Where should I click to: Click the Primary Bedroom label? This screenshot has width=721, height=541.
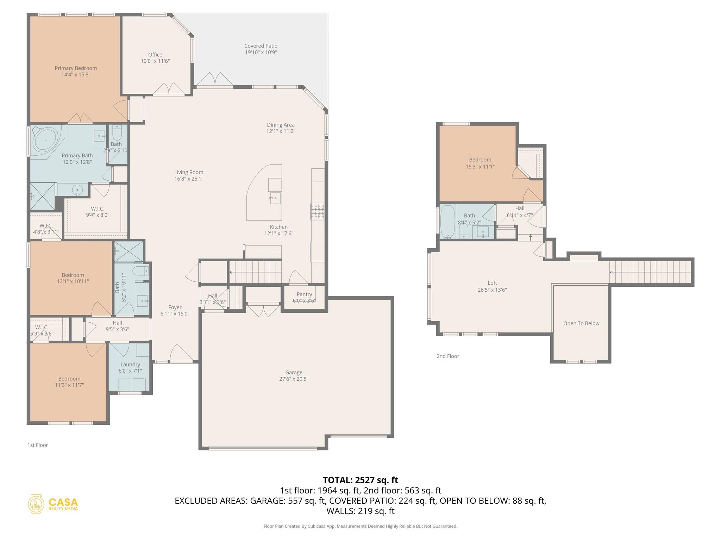(x=76, y=68)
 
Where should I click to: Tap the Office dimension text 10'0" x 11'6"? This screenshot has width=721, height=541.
(x=155, y=61)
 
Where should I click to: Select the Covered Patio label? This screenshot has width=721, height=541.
(x=261, y=46)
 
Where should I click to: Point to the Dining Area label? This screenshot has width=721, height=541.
(x=281, y=125)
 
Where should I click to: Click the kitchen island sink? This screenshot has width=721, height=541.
(x=275, y=198)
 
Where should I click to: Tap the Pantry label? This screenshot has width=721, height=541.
(x=304, y=294)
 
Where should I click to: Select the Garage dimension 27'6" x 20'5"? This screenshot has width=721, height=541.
(x=294, y=379)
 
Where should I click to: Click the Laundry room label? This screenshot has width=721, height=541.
(x=130, y=365)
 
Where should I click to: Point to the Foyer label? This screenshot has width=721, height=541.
(x=175, y=307)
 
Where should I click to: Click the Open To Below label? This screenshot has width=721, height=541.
(x=581, y=323)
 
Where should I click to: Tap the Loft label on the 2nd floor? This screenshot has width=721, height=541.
(x=492, y=283)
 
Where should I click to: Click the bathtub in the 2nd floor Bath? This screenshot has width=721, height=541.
(x=447, y=222)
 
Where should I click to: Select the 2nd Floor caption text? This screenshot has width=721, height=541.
(x=448, y=356)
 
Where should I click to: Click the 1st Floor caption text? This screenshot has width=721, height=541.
(x=38, y=445)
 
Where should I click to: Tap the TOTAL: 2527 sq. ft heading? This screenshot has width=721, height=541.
(x=360, y=480)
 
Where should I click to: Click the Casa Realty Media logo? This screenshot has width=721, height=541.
(x=53, y=504)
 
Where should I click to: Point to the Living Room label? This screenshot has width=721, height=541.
(x=189, y=172)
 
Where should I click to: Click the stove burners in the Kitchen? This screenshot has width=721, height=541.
(x=317, y=211)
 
